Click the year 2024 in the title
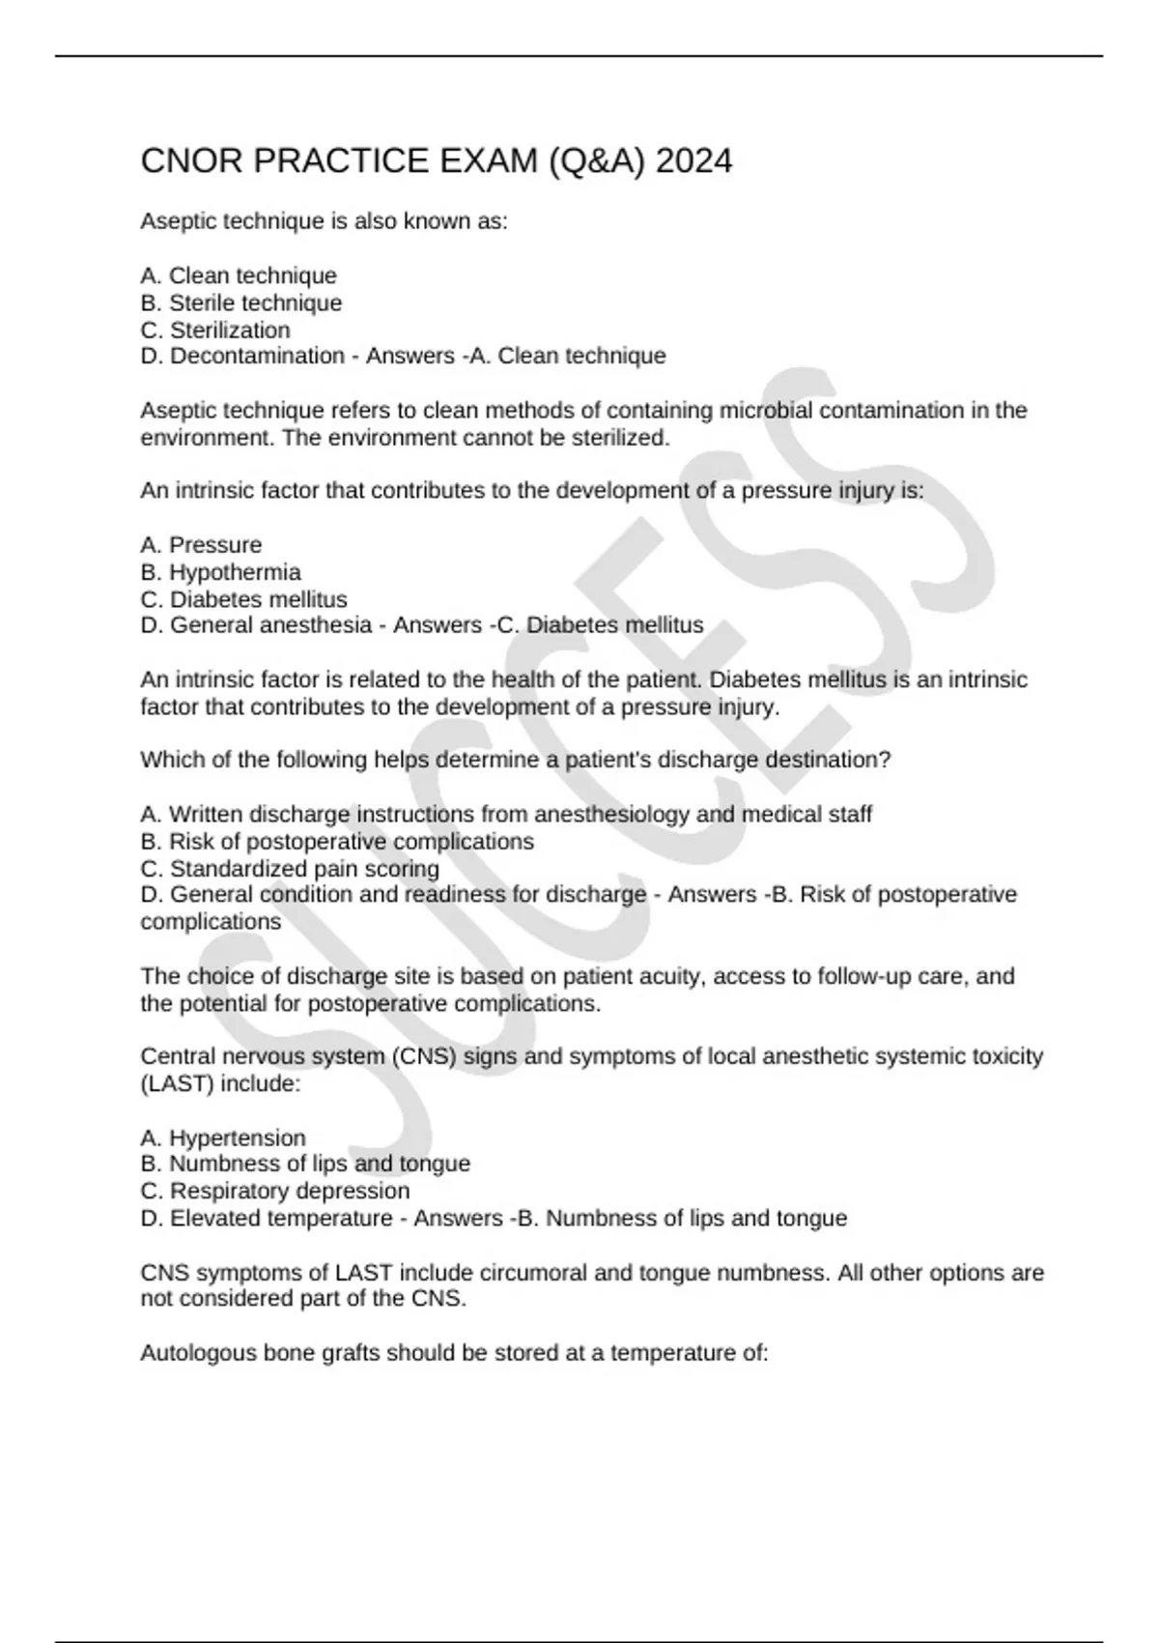coord(693,160)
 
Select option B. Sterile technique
coord(241,303)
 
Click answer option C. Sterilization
coord(215,330)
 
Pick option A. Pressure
coord(201,545)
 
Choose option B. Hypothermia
coord(220,572)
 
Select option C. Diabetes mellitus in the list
coord(243,599)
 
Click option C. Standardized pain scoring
coord(290,869)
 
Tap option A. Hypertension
coord(223,1138)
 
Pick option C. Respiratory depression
coord(275,1191)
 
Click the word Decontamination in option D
coord(257,356)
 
